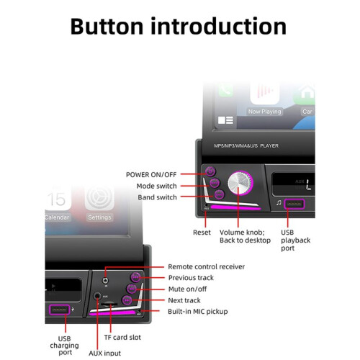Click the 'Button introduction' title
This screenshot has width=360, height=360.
pyautogui.click(x=179, y=26)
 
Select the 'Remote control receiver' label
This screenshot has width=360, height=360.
pyautogui.click(x=207, y=266)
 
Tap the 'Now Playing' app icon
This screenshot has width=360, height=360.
pyautogui.click(x=264, y=96)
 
